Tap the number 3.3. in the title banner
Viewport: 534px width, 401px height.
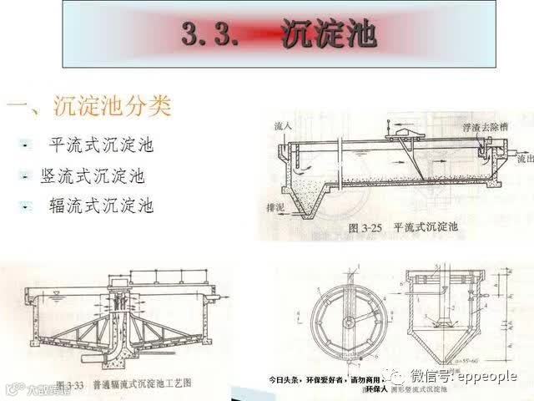[x=213, y=37]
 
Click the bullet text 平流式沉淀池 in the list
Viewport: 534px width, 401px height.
[x=102, y=145]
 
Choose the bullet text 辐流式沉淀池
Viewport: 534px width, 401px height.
[x=102, y=206]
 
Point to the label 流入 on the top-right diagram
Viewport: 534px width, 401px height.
[x=283, y=126]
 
